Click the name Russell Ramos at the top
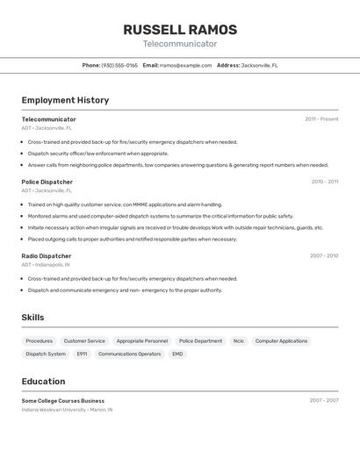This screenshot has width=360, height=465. tap(180, 30)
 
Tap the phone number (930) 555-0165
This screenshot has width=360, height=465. tap(119, 65)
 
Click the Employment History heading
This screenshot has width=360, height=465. tap(65, 100)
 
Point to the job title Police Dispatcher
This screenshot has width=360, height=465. tap(47, 182)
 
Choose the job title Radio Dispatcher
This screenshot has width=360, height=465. tap(47, 256)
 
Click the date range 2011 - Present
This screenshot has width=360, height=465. tap(321, 119)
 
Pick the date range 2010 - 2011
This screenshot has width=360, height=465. tap(324, 182)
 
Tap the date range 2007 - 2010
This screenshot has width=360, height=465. tap(324, 256)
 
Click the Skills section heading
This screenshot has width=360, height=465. tap(32, 318)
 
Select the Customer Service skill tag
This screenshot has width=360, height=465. tap(84, 340)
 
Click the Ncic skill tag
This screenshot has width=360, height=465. tap(239, 340)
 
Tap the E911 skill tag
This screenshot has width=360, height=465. tap(82, 354)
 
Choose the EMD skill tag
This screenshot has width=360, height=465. tap(177, 354)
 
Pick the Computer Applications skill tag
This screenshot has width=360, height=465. tap(281, 340)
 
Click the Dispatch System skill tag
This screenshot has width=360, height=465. tap(46, 354)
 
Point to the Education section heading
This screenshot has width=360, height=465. tap(43, 382)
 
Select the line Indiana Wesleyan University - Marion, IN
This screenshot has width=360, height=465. tap(67, 409)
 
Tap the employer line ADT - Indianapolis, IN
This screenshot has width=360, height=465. tap(46, 264)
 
